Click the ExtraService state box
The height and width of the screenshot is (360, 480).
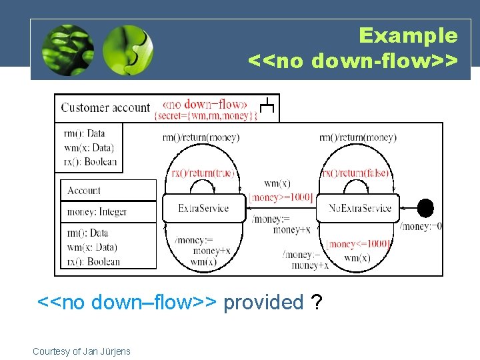tap(203, 209)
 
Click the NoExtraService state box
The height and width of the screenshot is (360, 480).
tap(360, 209)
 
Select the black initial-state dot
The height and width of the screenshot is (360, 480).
tap(425, 208)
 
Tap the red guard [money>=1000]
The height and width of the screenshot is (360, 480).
tap(280, 197)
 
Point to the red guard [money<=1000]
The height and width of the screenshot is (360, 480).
tap(358, 245)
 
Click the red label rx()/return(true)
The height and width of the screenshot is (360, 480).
tap(202, 173)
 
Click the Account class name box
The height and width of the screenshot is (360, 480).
tap(108, 191)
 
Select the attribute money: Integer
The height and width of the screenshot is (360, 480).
tap(97, 212)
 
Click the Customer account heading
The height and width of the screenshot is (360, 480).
tap(105, 107)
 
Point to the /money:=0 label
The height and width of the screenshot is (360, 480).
tap(421, 227)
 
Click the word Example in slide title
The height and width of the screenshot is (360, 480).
tap(408, 35)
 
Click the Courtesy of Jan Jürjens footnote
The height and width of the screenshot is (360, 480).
tap(81, 351)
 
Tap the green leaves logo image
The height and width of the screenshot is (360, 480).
tap(67, 51)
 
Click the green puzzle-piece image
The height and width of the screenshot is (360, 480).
tap(128, 51)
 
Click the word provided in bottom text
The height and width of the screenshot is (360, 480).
tap(263, 303)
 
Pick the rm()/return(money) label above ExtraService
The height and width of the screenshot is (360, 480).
tap(201, 138)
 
